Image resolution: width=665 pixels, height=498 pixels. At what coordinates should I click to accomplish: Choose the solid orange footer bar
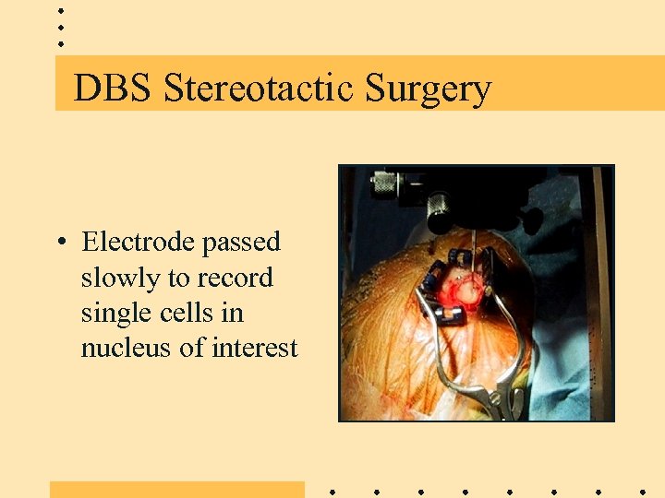pos(176,489)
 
